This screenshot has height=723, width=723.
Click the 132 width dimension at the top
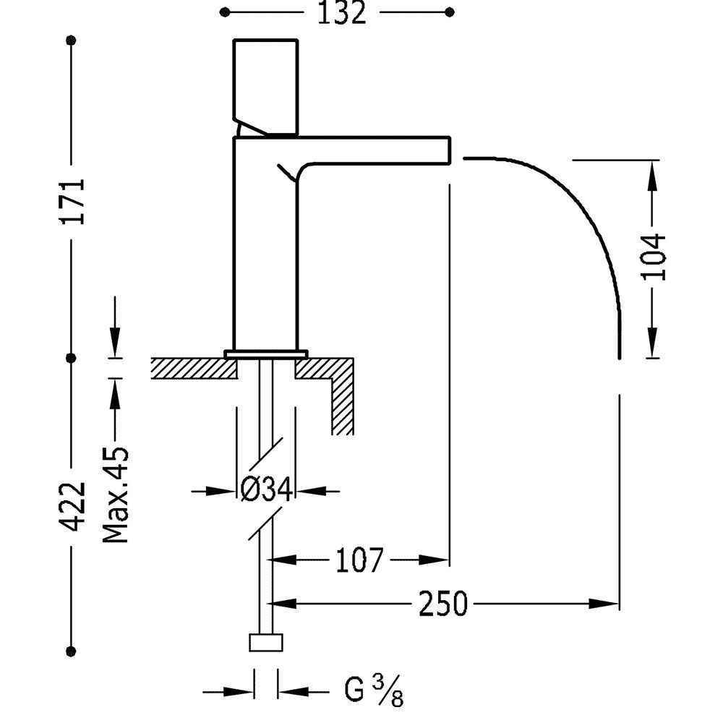click(341, 13)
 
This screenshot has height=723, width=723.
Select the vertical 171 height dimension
click(73, 200)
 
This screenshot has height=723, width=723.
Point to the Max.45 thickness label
click(116, 495)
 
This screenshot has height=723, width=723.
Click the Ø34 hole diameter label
click(266, 492)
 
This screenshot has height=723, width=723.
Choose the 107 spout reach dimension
click(359, 560)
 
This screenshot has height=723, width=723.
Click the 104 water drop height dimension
click(653, 257)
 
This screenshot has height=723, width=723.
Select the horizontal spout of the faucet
click(376, 148)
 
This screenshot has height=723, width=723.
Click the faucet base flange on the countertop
click(266, 353)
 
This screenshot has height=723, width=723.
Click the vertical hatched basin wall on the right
click(343, 405)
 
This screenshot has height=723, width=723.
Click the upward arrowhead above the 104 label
click(653, 174)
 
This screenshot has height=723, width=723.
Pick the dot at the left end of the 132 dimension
click(225, 12)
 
